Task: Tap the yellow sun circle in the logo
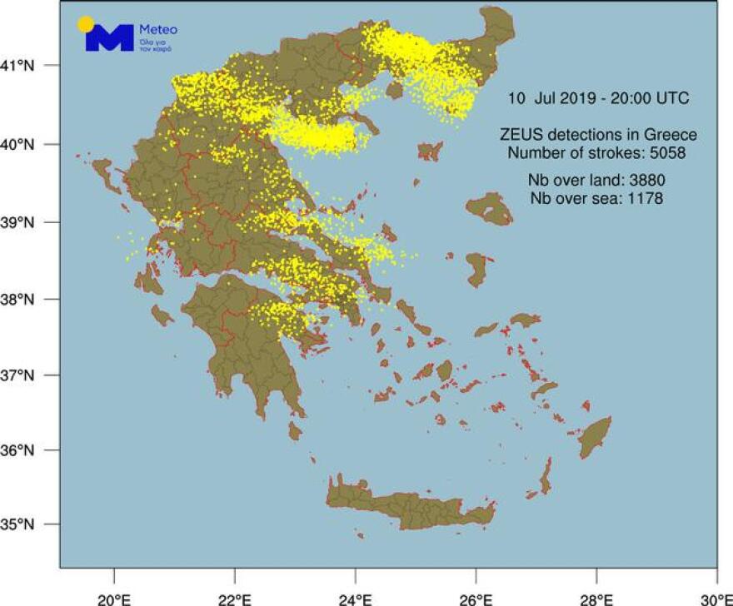(x=85, y=24)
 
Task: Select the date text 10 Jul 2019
(x=552, y=98)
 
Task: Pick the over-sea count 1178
(x=640, y=198)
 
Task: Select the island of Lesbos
(x=491, y=208)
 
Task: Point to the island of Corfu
(x=105, y=175)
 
